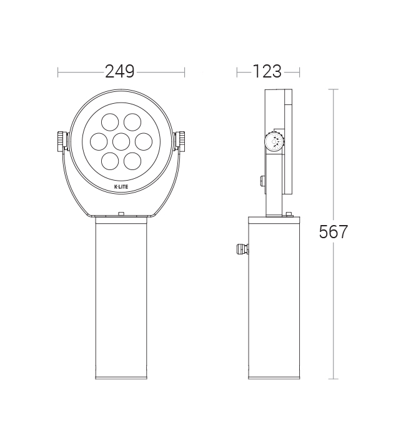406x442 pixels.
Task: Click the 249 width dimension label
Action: (120, 72)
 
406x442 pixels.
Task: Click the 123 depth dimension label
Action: (267, 72)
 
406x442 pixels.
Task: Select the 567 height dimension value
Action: (334, 232)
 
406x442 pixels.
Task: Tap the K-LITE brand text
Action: (121, 186)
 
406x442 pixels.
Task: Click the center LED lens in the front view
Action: (121, 141)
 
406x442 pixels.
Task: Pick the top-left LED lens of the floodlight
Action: (110, 122)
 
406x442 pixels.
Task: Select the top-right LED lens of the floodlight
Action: (132, 122)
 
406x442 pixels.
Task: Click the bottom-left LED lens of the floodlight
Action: (110, 161)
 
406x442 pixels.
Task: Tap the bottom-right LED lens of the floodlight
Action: (132, 161)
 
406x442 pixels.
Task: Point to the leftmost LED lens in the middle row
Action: (99, 141)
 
